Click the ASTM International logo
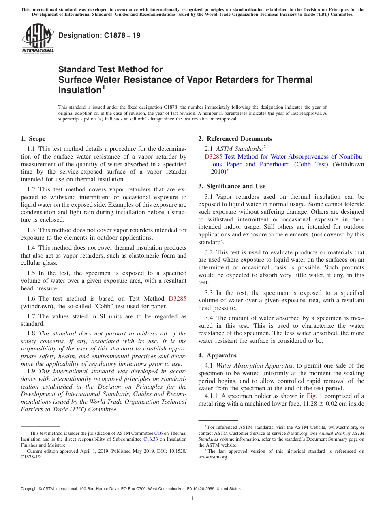point(37,38)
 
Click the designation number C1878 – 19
point(99,35)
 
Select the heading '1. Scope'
point(33,139)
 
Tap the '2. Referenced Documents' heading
point(235,139)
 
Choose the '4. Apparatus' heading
point(217,355)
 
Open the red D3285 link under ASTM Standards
point(214,157)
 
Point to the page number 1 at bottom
point(192,499)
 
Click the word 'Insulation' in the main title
point(77,90)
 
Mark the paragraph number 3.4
point(210,318)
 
